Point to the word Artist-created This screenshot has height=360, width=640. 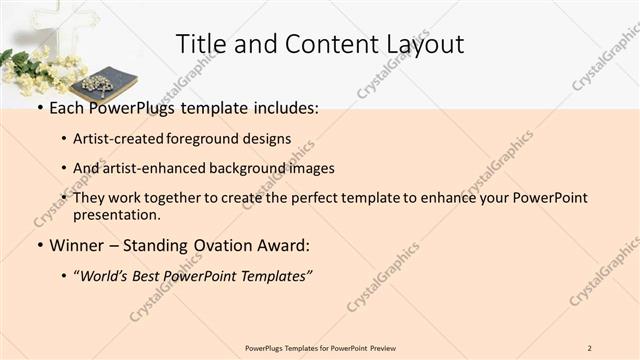point(119,138)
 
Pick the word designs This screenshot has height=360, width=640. point(268,138)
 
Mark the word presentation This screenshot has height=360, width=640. point(116,214)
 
